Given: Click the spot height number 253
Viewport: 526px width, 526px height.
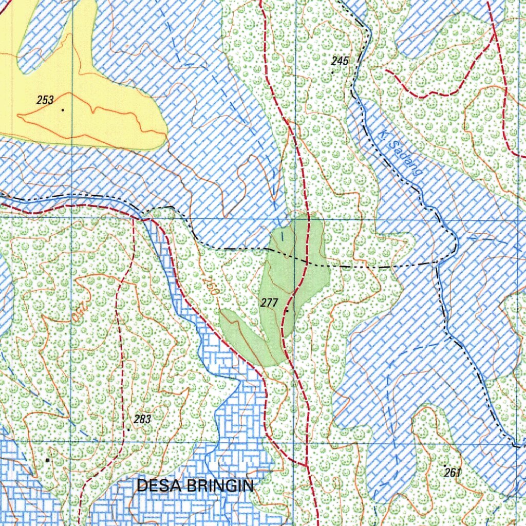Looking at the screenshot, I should (x=45, y=100).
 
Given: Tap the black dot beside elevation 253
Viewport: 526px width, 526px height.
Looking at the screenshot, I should (x=63, y=109).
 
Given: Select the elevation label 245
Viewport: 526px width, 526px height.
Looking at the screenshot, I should (x=340, y=62).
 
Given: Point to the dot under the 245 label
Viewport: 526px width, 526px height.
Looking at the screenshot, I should (x=332, y=72).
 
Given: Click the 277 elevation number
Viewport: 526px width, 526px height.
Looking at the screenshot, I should (x=269, y=303).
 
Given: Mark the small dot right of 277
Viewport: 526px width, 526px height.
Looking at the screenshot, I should (x=287, y=310).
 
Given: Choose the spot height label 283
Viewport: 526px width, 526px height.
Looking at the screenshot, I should (x=142, y=419).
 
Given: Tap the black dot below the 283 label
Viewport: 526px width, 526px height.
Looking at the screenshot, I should (x=128, y=429).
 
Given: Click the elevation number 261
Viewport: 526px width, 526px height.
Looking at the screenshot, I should (x=452, y=473).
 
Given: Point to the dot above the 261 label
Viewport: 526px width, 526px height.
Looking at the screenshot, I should (x=445, y=465).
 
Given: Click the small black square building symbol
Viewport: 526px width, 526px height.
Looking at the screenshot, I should (x=48, y=460).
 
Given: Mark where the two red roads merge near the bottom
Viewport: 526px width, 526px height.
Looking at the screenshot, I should (x=306, y=465).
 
